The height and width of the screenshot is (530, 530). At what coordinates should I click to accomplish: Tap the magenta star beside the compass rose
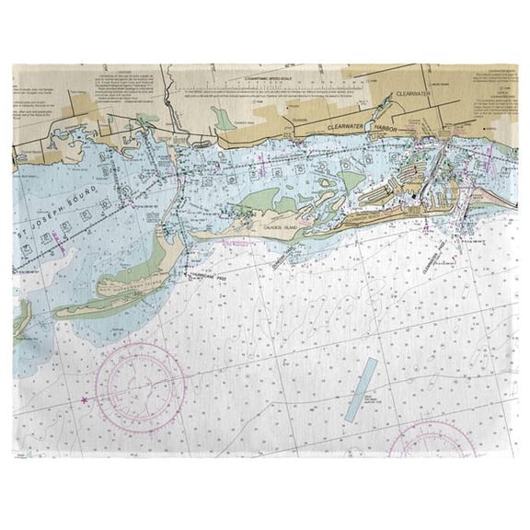coord(85,400)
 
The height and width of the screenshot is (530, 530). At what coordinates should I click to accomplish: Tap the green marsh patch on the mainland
coord(224,118)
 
